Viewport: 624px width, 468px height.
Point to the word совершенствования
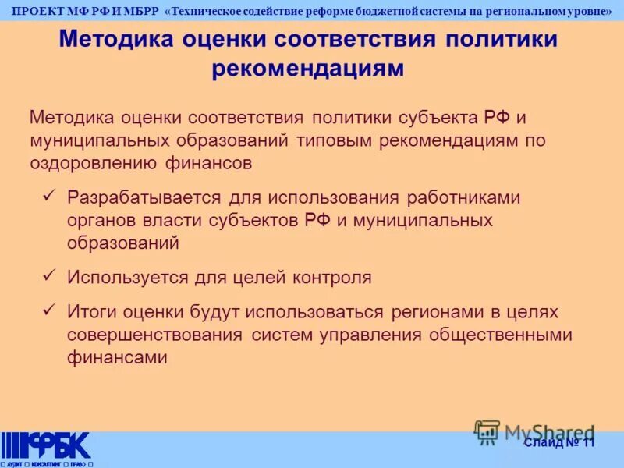(155, 335)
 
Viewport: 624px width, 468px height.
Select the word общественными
(499, 335)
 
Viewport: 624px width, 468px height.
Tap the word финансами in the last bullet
(117, 357)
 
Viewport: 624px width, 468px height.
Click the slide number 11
(587, 442)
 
